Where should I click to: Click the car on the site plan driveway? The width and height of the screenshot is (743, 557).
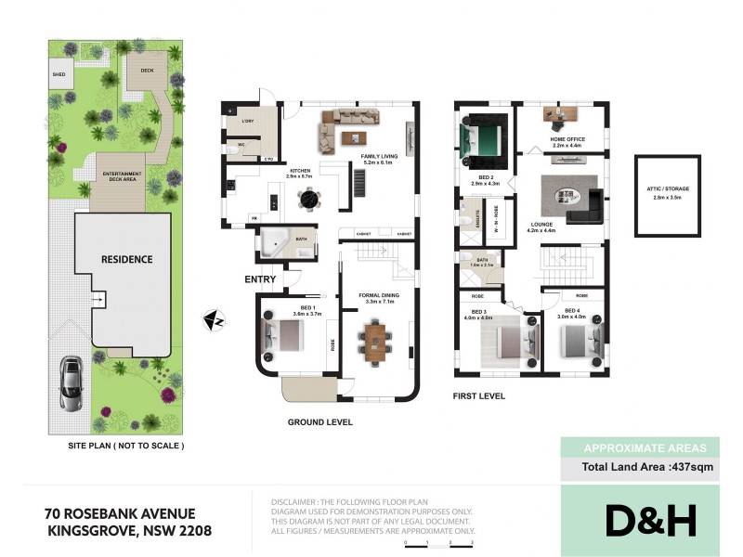[71, 382]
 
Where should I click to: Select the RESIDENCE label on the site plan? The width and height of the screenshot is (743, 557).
[126, 259]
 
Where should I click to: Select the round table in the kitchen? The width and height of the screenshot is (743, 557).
[306, 198]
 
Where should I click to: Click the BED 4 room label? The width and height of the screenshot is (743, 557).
[572, 312]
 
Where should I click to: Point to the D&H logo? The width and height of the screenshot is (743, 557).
[650, 521]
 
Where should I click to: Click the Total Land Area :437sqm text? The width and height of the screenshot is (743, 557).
[647, 468]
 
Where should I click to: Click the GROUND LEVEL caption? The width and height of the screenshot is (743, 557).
[319, 422]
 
